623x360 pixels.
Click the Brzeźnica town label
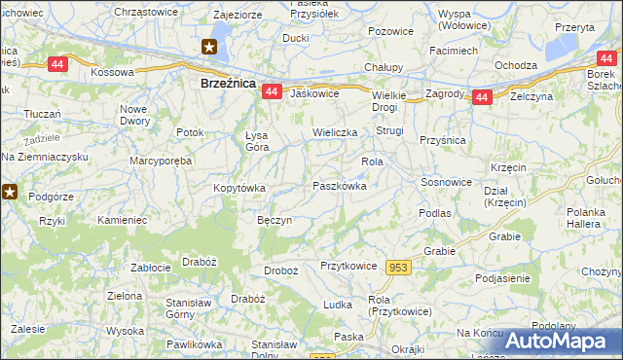[x=227, y=85]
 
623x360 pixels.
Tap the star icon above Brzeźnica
[x=209, y=46]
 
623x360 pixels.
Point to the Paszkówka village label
[x=339, y=186]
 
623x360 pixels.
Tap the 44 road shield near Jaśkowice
[x=272, y=91]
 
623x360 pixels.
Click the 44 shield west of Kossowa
[x=58, y=63]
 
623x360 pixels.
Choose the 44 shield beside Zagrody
[x=481, y=97]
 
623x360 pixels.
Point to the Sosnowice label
[x=447, y=182]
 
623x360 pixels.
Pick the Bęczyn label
[x=274, y=221]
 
